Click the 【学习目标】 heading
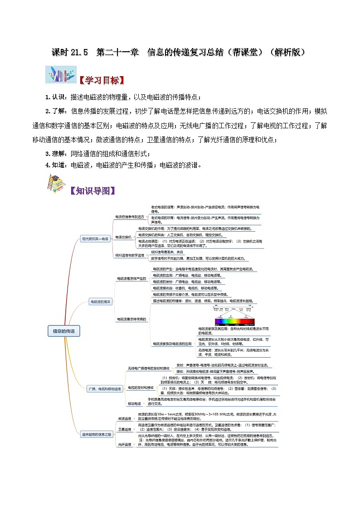point(101,80)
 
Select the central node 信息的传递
point(64,331)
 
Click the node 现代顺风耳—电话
point(95,238)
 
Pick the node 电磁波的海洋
point(100,301)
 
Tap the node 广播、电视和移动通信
point(105,388)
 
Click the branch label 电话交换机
point(123,237)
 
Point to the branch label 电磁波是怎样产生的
point(132,278)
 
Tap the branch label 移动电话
point(134,403)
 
